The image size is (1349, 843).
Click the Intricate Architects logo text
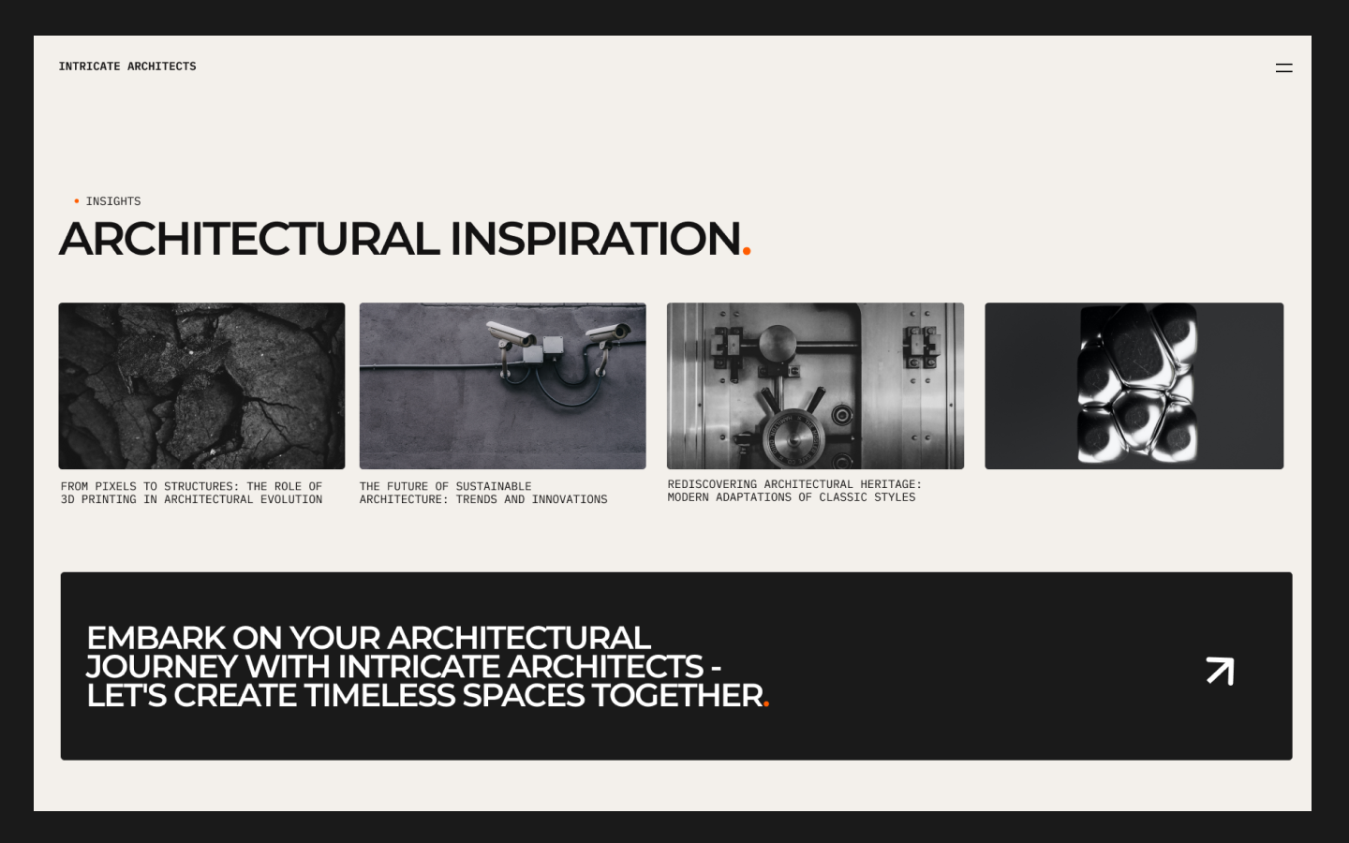pos(127,67)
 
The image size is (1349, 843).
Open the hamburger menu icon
pos(1283,67)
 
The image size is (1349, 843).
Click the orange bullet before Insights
pos(77,201)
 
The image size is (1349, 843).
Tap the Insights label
pos(113,201)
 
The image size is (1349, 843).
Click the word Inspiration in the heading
pos(595,239)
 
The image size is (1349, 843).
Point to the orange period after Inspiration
pos(747,251)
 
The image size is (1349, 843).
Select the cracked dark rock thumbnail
pos(201,385)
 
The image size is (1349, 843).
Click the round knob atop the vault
pos(777,343)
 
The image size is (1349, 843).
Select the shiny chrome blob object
pos(1136,383)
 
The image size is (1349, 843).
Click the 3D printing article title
pos(191,493)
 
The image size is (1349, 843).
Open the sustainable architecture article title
pos(483,493)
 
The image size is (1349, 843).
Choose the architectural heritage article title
pos(794,491)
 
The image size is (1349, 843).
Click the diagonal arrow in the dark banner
pos(1220,671)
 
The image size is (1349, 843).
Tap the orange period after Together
pos(766,703)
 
